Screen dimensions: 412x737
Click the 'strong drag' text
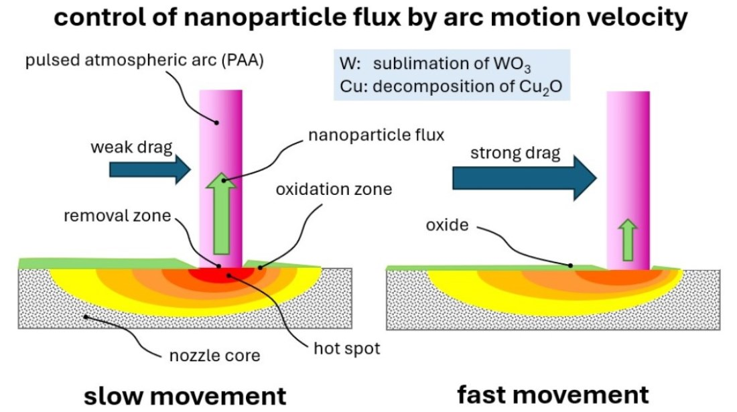pyautogui.click(x=515, y=153)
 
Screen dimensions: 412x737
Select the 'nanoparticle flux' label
pyautogui.click(x=376, y=135)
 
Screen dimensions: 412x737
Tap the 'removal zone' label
pyautogui.click(x=118, y=216)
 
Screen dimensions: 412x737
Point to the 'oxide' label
pyautogui.click(x=447, y=226)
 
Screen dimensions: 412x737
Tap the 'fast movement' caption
pyautogui.click(x=553, y=394)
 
